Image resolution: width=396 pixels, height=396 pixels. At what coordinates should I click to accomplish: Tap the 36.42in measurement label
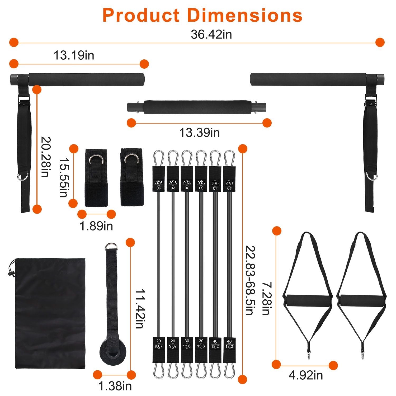tap(211, 35)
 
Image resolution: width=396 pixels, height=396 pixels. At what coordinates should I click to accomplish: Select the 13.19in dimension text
tap(74, 55)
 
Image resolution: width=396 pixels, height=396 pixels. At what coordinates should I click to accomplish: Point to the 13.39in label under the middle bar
tap(199, 133)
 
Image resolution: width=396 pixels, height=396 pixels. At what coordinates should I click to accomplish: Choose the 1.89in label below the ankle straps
tap(96, 226)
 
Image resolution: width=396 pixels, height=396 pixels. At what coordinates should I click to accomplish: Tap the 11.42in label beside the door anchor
tap(139, 309)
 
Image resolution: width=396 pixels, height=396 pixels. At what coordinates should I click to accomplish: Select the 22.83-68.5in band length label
tap(250, 280)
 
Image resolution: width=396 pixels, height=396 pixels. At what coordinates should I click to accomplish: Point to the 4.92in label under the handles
tap(305, 375)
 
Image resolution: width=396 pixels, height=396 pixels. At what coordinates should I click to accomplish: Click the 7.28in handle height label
tap(266, 299)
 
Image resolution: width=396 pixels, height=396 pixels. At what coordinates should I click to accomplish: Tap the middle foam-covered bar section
tap(197, 107)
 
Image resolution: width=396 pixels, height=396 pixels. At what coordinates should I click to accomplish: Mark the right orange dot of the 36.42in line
tap(380, 42)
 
